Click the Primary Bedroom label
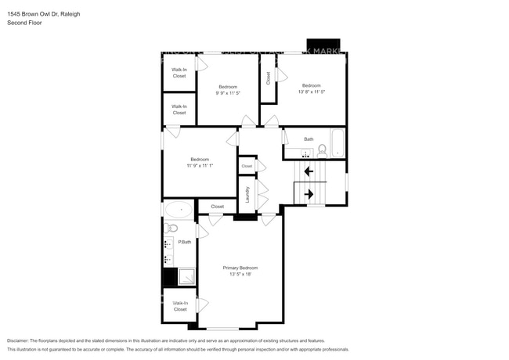240,268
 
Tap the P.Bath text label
185,242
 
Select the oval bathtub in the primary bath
179,210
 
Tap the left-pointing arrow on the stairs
308,171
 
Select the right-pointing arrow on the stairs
308,193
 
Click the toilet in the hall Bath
322,152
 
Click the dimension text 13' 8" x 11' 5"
311,92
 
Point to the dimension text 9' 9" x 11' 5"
227,93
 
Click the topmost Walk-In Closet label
179,73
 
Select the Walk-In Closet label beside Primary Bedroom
180,306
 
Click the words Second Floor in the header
24,23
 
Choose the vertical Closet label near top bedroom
269,78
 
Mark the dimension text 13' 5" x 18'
240,275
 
